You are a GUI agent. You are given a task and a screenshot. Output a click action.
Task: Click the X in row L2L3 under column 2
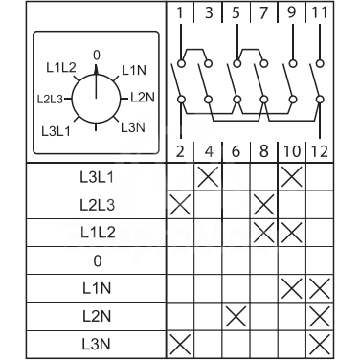(180, 204)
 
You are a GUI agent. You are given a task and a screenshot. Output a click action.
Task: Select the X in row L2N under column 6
(236, 315)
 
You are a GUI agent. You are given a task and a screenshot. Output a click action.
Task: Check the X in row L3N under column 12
(321, 343)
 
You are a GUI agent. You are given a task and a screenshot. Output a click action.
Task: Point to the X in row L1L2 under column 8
(264, 232)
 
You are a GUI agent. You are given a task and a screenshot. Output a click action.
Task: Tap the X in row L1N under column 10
(292, 287)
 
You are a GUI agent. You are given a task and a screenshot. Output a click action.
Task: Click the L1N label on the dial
(134, 70)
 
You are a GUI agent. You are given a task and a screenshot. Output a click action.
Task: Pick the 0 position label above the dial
(96, 56)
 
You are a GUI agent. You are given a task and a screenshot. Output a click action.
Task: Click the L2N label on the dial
(142, 97)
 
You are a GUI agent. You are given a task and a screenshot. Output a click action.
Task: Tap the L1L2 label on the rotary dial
(61, 70)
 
